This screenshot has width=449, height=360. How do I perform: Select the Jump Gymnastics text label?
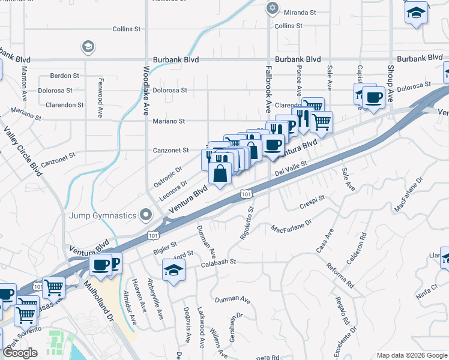coord(102,215)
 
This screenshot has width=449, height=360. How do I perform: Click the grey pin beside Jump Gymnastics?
coord(145,214)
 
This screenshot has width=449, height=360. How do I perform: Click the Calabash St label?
coord(219,262)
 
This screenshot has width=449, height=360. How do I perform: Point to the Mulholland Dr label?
coord(102,305)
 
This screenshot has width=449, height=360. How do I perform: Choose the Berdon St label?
coord(65,76)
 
